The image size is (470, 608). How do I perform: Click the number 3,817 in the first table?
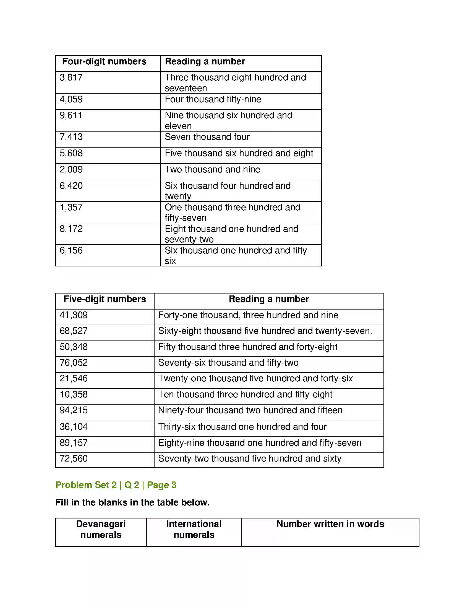tap(71, 77)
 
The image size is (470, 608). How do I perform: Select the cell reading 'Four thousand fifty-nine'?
tap(213, 99)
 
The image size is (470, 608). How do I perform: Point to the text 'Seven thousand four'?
tap(207, 137)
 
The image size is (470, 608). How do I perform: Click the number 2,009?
tap(71, 169)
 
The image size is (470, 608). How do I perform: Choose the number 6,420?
tap(71, 186)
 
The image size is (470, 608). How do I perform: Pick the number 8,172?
tap(71, 229)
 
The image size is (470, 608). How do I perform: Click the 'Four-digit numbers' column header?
tap(104, 62)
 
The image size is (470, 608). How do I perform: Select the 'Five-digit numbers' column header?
tap(105, 299)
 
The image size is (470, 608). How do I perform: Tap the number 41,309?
tap(74, 315)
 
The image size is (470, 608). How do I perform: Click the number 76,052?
tap(74, 363)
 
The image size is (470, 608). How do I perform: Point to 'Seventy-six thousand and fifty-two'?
tap(228, 363)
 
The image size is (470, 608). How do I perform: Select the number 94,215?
tap(74, 410)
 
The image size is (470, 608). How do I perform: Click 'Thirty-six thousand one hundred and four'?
tap(242, 427)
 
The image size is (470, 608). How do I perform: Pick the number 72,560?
tap(74, 458)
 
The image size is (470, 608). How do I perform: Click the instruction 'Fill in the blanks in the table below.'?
tap(132, 502)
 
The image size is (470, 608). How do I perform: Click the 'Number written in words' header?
tap(330, 524)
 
